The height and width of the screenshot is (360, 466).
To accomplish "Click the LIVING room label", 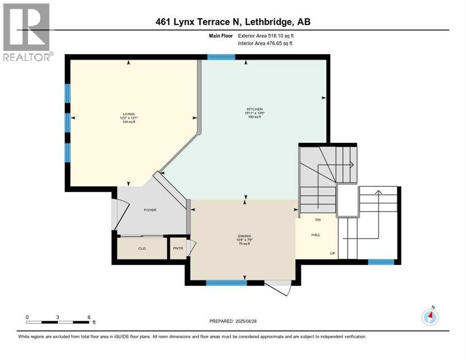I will point(128,114).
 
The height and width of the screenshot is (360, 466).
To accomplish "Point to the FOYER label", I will point(150,210).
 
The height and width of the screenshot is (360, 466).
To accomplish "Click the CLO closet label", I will point(142,248).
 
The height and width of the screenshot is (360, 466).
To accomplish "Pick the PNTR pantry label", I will point(178,248).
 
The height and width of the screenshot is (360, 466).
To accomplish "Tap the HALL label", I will point(316,234).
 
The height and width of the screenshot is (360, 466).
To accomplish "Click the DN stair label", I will point(317,219).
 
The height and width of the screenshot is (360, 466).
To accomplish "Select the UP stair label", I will point(332,254).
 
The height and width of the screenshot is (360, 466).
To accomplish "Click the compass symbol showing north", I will point(430,317).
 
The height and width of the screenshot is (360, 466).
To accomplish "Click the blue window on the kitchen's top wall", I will point(221,57).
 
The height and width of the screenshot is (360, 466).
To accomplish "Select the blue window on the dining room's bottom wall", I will point(226,283).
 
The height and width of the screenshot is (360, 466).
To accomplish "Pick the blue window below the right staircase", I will point(381,262).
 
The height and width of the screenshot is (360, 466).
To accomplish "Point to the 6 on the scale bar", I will point(89,317).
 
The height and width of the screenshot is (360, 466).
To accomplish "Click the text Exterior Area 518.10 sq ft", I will point(267,36).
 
